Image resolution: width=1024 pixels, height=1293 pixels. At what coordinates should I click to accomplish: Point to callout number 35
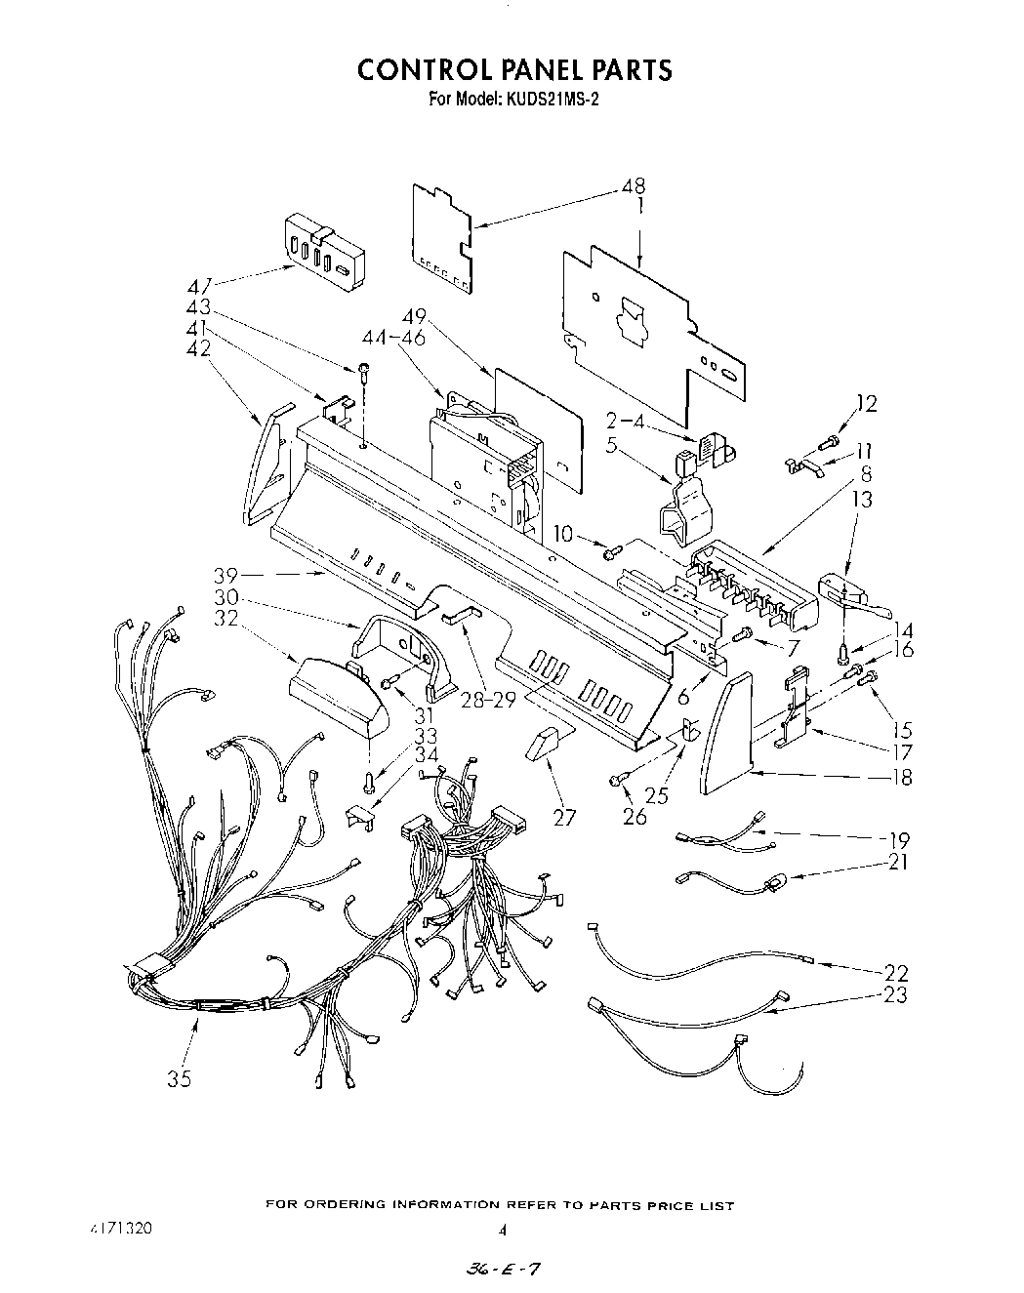click(179, 1078)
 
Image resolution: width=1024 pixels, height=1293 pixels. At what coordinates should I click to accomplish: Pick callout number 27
click(564, 817)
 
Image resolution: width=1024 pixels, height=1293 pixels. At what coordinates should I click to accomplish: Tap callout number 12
click(867, 403)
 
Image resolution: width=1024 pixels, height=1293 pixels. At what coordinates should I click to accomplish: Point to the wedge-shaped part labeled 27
click(538, 747)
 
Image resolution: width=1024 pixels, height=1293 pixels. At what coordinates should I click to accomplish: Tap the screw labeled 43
click(364, 371)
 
